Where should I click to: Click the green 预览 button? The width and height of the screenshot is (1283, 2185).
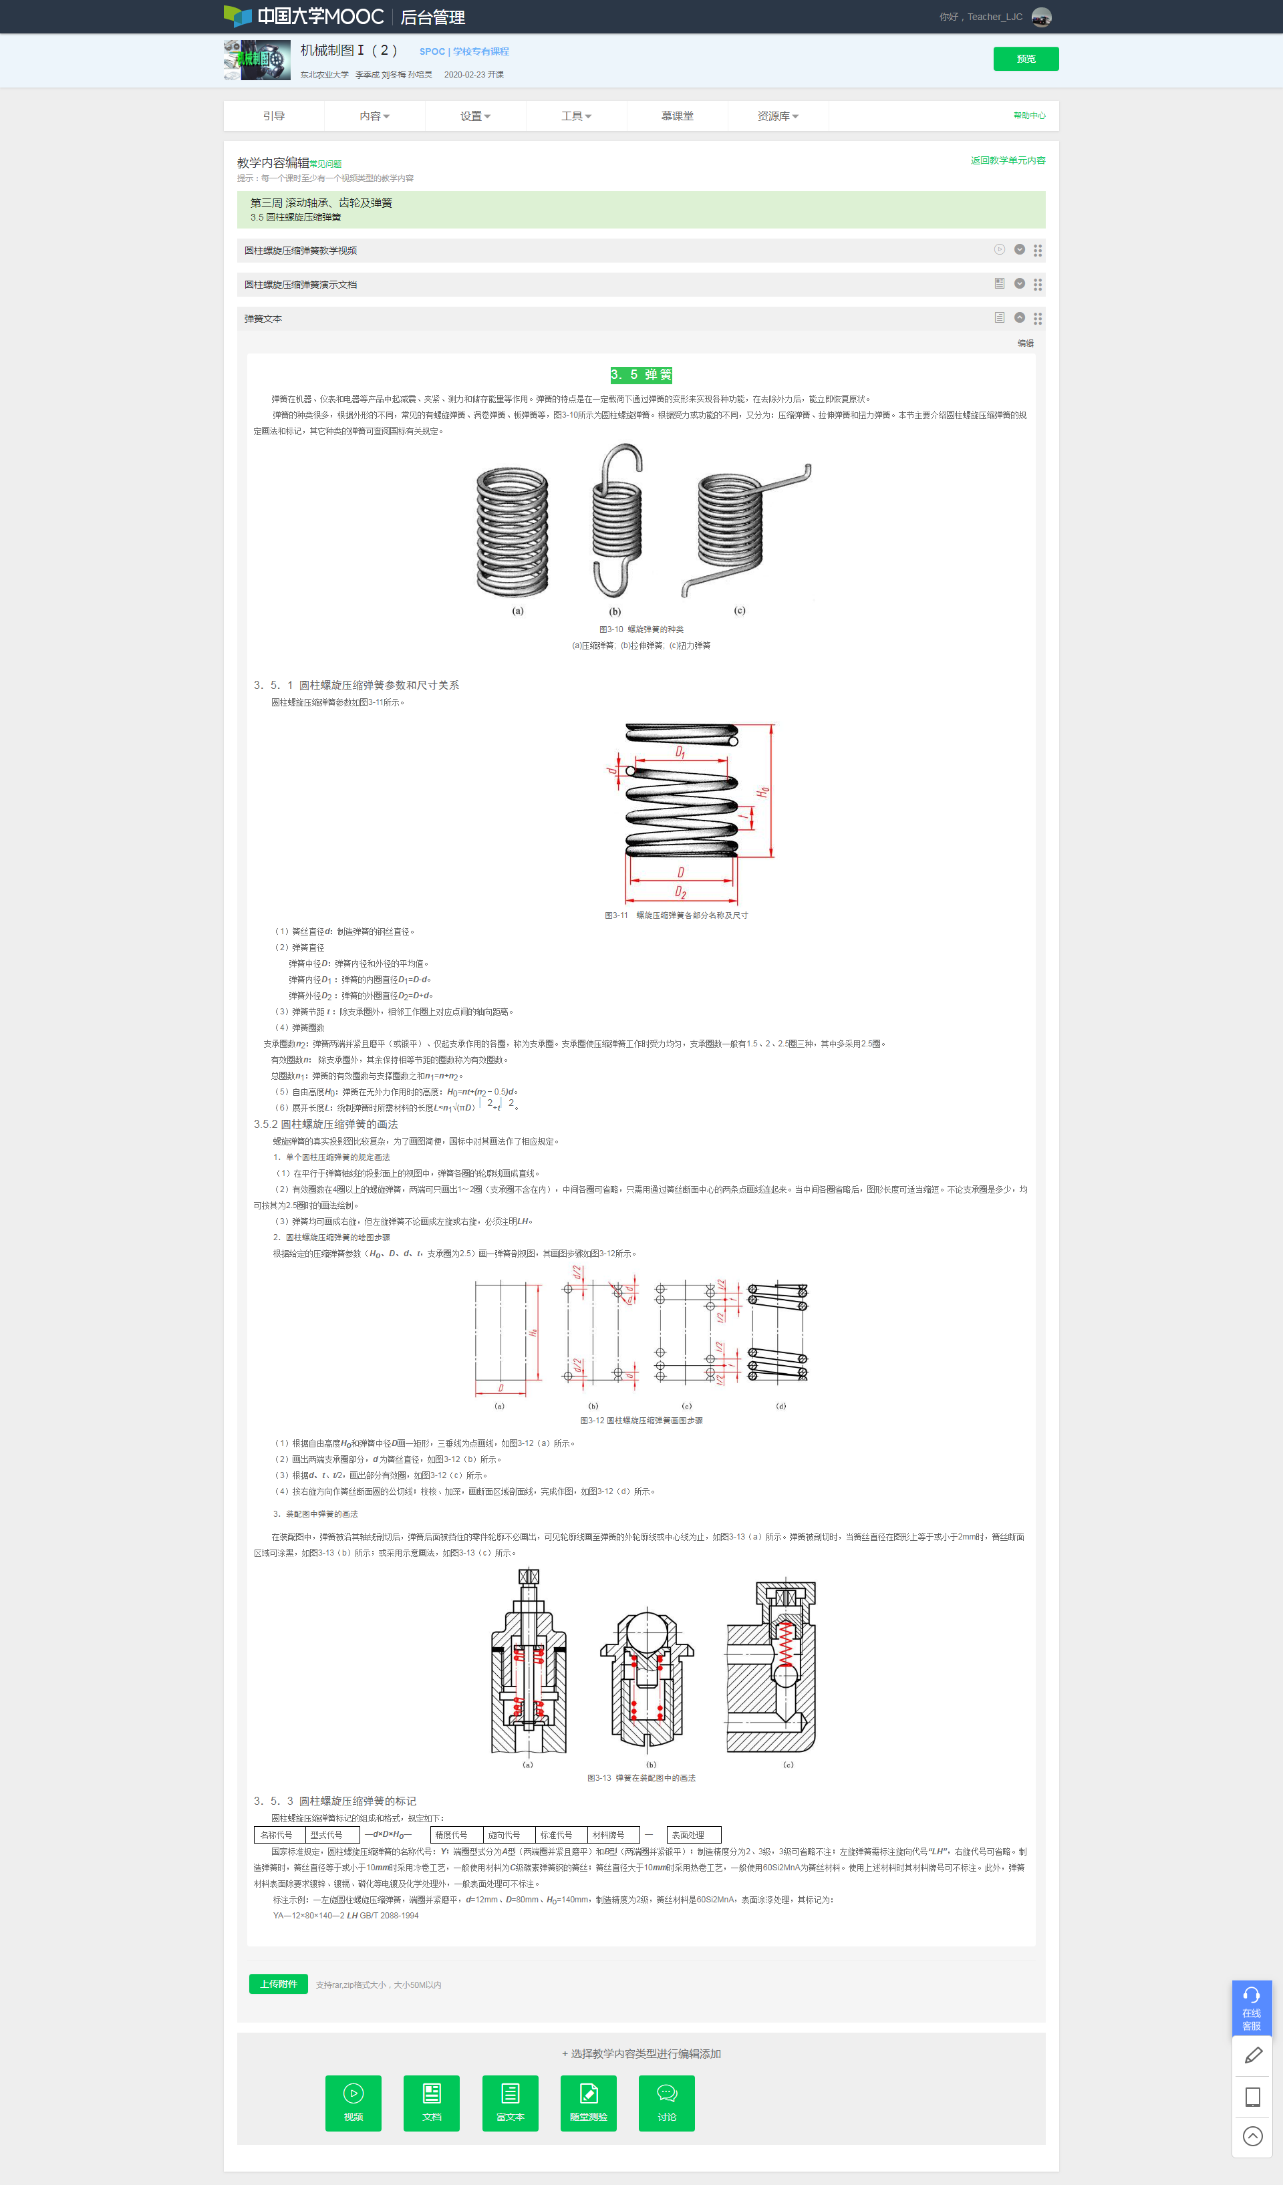pos(1026,59)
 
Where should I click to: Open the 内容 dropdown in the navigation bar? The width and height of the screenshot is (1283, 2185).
pos(374,116)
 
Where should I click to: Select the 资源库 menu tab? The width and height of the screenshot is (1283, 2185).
pos(776,116)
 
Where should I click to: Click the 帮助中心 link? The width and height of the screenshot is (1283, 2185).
pos(1029,116)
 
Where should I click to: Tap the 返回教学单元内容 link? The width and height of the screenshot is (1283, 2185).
pos(1007,160)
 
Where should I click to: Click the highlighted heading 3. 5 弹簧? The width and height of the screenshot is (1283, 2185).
pos(641,375)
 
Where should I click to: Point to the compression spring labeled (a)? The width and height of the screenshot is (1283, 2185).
pos(513,531)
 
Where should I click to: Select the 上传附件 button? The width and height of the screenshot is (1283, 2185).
pos(278,1984)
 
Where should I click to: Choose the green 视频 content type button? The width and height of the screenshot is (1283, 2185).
pos(353,2103)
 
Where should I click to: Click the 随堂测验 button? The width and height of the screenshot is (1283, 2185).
pos(588,2103)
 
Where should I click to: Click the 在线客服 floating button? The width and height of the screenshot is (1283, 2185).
pos(1251,2008)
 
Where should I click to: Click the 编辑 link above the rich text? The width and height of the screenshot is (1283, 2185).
pos(1024,343)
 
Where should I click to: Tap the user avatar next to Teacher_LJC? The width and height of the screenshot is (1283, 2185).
pos(1041,17)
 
